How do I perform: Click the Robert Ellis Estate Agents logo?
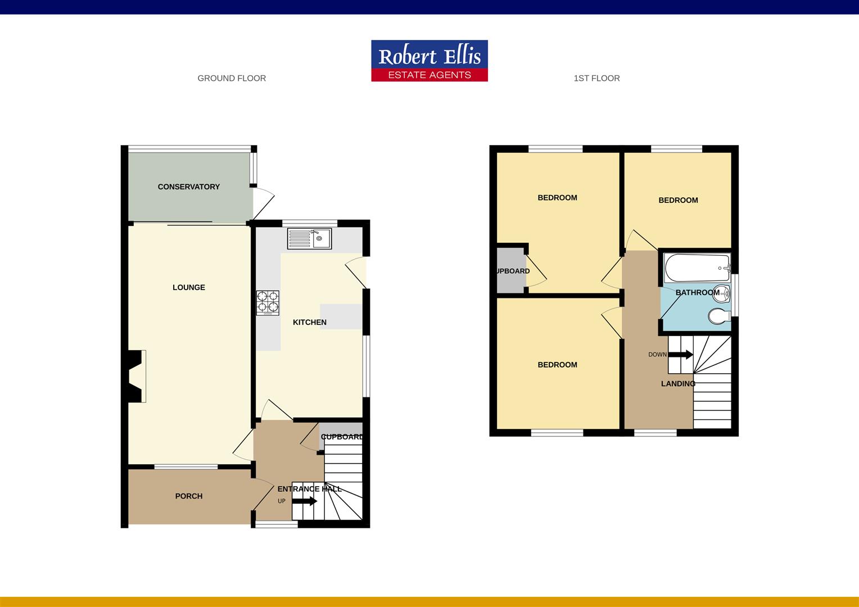coord(430,61)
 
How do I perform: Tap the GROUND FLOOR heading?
coord(232,79)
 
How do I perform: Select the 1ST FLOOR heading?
coord(596,79)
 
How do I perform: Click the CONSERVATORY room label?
coord(188,187)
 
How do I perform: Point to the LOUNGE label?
coord(188,287)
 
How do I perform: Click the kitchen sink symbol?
coord(309,238)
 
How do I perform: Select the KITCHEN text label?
coord(309,322)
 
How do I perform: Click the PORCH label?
coord(188,496)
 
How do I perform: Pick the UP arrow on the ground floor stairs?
coord(304,501)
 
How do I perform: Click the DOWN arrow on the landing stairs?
coord(680,355)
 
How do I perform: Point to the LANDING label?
coord(678,384)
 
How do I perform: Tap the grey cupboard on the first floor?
coord(510,271)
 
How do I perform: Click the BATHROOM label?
coord(697,293)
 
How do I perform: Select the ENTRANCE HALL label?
coord(309,489)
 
